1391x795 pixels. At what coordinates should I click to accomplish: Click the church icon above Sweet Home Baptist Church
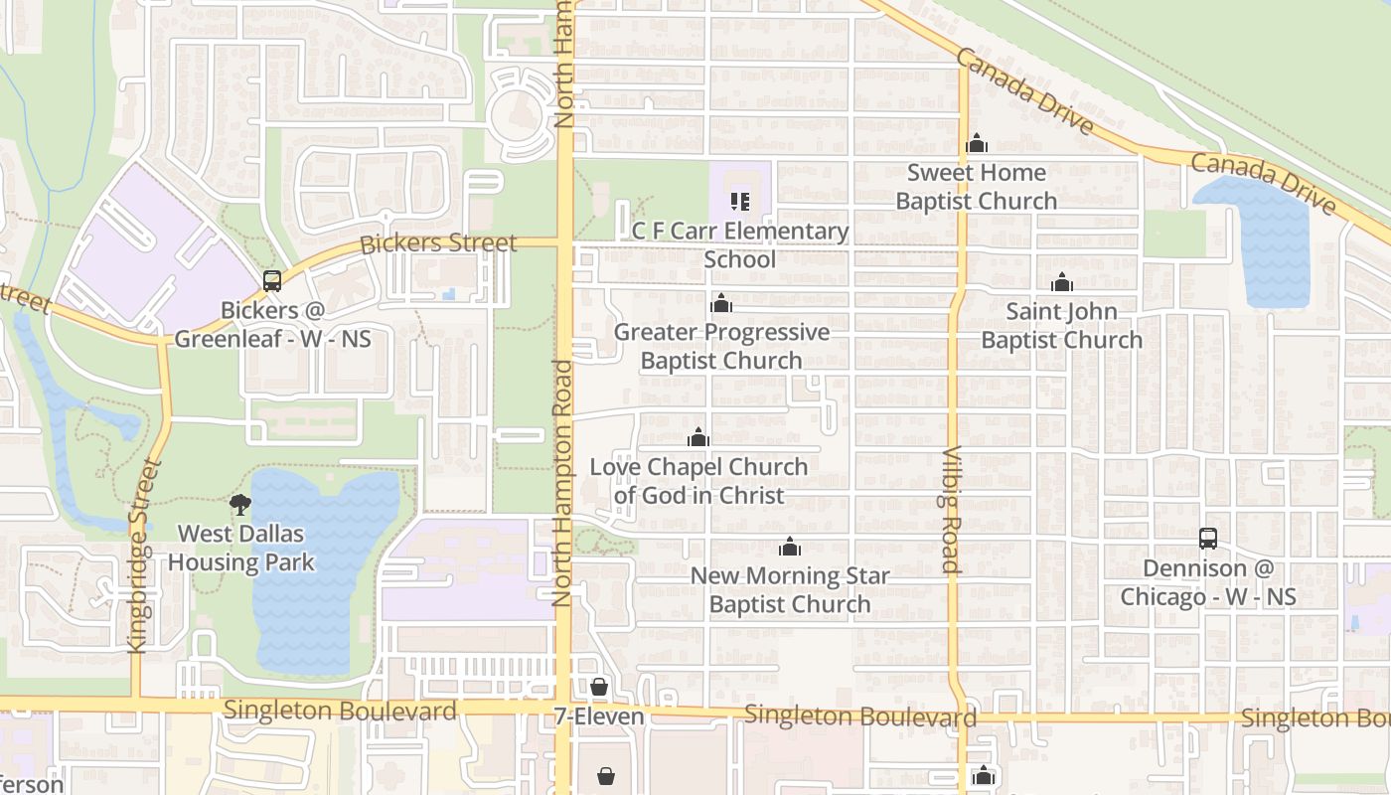point(977,144)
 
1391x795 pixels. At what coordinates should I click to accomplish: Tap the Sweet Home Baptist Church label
point(977,187)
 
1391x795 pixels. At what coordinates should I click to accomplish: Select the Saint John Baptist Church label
point(1061,326)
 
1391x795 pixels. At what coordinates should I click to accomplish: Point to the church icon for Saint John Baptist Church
point(1062,283)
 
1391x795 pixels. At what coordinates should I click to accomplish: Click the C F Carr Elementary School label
point(740,245)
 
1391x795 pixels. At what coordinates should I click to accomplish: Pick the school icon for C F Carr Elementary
point(740,202)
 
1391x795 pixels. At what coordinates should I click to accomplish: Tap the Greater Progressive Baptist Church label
point(721,346)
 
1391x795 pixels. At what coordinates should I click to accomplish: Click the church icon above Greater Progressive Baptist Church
point(721,303)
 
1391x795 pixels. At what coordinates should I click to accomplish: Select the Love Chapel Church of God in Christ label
point(698,481)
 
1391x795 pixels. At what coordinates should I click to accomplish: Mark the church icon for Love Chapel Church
point(698,437)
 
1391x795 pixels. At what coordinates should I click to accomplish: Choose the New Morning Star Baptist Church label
point(790,589)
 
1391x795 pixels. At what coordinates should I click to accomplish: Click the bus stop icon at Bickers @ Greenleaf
point(272,281)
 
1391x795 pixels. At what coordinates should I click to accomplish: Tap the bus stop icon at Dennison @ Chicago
point(1208,539)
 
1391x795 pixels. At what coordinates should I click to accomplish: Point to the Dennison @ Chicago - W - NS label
point(1208,582)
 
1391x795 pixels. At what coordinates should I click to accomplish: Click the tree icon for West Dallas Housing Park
point(240,505)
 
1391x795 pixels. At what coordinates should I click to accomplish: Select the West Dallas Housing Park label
point(240,548)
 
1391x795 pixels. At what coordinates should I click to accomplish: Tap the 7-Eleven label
point(599,716)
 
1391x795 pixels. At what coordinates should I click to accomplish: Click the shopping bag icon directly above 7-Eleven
point(599,687)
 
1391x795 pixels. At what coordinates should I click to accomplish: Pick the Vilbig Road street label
point(951,511)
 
